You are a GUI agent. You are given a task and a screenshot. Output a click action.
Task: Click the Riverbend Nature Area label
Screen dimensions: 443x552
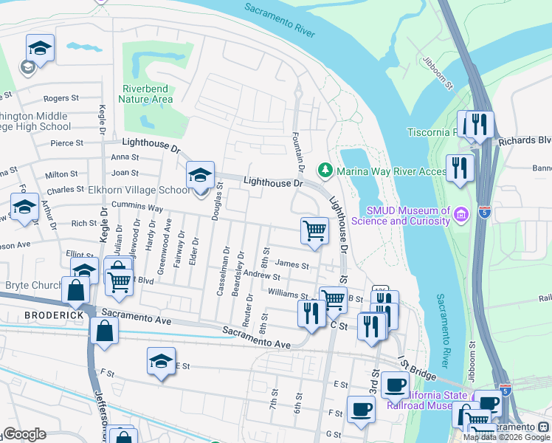tap(148, 95)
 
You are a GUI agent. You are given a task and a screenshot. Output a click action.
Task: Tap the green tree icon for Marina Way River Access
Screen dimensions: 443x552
tap(325, 171)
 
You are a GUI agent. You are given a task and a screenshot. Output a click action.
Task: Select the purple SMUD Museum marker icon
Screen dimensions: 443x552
tap(461, 215)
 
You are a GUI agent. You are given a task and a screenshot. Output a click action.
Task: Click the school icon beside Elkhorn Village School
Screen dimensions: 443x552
tap(200, 176)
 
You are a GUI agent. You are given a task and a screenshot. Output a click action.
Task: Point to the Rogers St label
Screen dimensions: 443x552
tap(61, 97)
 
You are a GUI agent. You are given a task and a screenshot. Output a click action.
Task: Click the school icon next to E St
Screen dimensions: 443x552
tap(161, 362)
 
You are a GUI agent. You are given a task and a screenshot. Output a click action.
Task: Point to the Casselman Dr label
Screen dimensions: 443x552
tap(221, 271)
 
